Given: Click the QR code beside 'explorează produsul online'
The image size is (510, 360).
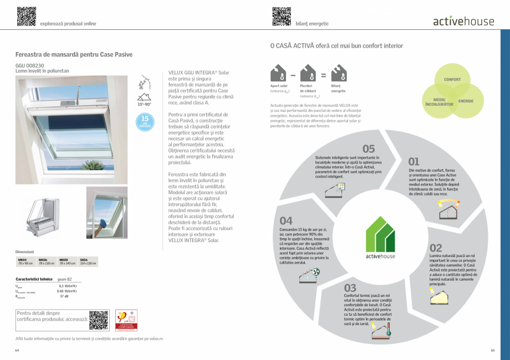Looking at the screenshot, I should click(26, 16).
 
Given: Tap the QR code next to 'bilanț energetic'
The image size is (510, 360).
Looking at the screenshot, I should click(282, 16).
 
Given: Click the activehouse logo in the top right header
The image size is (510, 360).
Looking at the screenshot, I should click(463, 22).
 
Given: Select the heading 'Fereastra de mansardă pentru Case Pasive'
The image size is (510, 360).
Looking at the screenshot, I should click(74, 55).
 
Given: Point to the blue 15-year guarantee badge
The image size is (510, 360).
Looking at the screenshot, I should click(145, 121).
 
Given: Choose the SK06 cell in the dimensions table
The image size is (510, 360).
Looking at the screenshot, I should click(88, 261).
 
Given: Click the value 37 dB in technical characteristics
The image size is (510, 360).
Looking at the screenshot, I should click(64, 296).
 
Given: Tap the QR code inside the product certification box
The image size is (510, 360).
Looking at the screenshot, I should click(99, 320).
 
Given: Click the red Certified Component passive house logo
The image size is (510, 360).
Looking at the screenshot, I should click(123, 320).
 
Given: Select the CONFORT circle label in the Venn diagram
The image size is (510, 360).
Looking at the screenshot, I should click(452, 80).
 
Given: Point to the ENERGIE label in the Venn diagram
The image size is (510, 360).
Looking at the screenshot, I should click(466, 101).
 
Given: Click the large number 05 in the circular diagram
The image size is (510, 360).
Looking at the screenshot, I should click(369, 148).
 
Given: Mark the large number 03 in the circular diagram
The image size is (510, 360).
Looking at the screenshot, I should click(350, 287).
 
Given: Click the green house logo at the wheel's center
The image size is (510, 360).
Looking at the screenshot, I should click(380, 238).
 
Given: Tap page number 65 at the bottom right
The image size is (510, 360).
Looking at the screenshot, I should click(492, 350).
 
